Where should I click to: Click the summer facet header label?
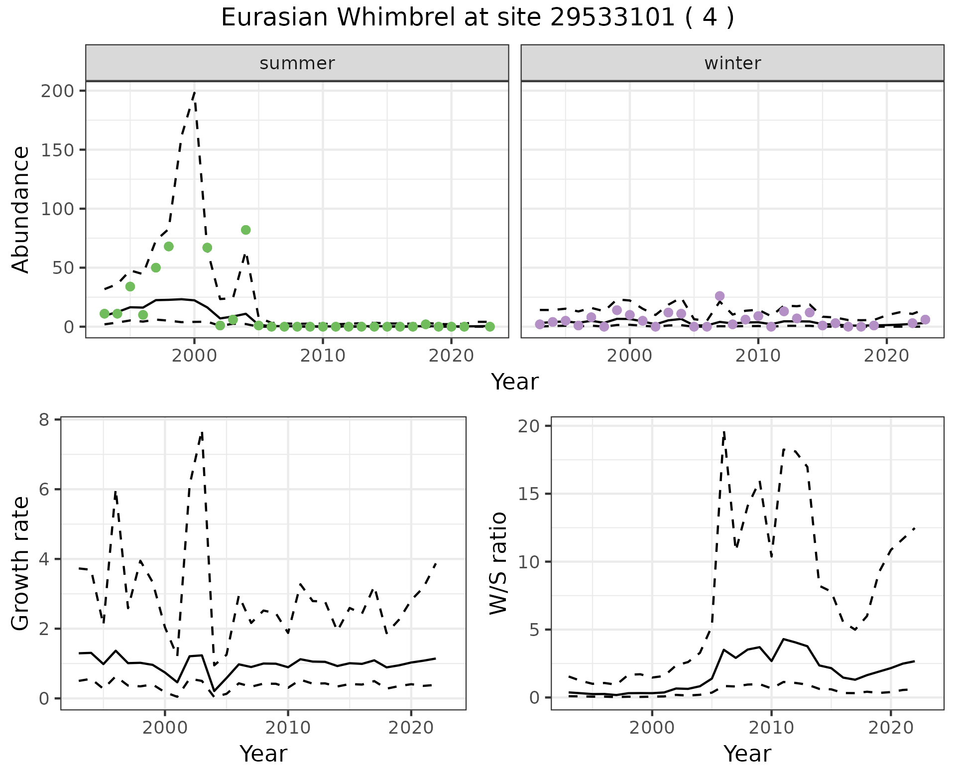[x=297, y=63]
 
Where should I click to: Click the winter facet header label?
[x=732, y=63]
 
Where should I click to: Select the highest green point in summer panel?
[x=245, y=230]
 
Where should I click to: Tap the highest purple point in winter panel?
[x=719, y=296]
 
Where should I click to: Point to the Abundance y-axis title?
[x=21, y=209]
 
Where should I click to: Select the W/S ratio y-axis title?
[x=498, y=563]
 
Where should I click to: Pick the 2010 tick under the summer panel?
[x=323, y=356]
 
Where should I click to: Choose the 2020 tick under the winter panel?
[x=886, y=356]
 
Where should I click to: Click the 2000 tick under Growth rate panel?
[x=164, y=727]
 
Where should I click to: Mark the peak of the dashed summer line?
[x=194, y=92]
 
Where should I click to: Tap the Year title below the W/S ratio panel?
[x=747, y=754]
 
